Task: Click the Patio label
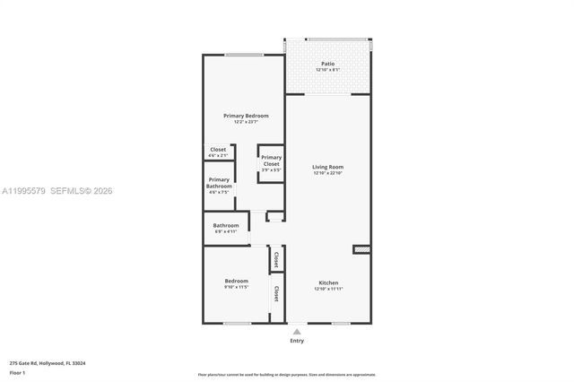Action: coord(327,64)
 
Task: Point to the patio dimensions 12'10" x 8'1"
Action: coord(327,70)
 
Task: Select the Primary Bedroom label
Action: coord(246,116)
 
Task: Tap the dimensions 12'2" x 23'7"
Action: coord(246,122)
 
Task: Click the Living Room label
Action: coord(327,167)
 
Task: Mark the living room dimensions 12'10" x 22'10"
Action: coord(327,173)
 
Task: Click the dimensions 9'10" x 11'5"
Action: coord(236,288)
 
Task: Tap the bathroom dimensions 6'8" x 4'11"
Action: coord(225,231)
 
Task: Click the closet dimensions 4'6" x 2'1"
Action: coord(218,155)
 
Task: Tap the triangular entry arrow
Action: coord(297,331)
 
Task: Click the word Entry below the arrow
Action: coord(297,341)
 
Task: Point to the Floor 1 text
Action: coord(18,372)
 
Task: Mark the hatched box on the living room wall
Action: coord(361,249)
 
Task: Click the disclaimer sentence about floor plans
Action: coord(287,374)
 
